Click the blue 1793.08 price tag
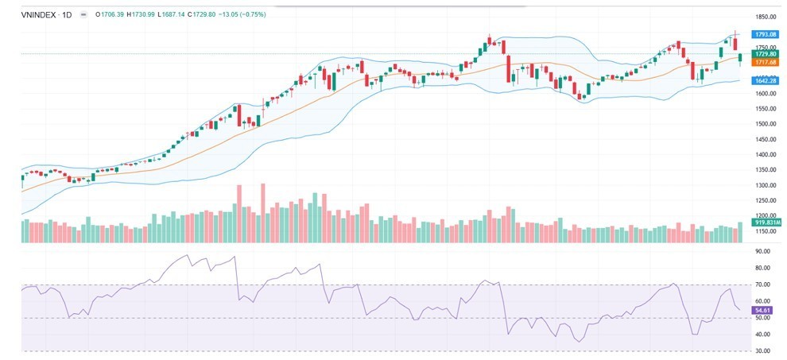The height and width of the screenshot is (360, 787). pos(766,34)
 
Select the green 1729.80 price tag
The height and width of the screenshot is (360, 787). pos(766,53)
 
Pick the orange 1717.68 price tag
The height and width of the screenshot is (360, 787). pos(766,61)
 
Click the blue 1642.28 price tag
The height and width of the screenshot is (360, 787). pos(766,80)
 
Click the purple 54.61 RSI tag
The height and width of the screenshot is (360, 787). pos(763,309)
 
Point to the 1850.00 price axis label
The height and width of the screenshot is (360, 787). pos(765,17)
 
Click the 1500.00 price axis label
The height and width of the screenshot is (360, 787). pos(765,124)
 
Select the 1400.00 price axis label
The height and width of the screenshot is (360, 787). pos(765,154)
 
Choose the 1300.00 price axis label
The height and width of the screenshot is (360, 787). pos(765,185)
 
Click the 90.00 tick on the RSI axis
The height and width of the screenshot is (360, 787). pos(762,251)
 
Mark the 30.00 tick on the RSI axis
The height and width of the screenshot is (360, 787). pos(762,350)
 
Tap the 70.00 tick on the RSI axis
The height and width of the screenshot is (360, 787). pos(762,285)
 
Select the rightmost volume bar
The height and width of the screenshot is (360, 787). pos(740,232)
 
